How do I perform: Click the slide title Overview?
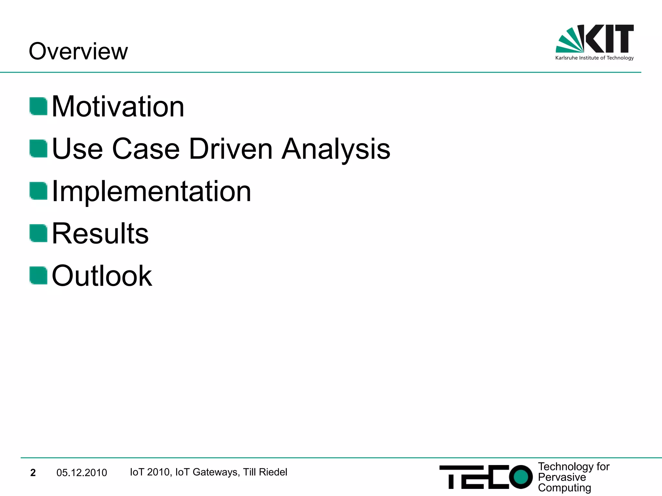(78, 51)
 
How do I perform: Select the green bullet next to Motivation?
(38, 106)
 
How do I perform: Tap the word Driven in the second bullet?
(231, 149)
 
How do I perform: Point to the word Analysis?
(336, 149)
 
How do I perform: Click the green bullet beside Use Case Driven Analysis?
(38, 148)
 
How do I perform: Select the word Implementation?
(151, 191)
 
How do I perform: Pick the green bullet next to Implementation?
(38, 191)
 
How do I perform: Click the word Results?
(100, 233)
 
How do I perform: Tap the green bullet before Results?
(38, 233)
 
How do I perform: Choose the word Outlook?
(102, 276)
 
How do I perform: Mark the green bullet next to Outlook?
(38, 275)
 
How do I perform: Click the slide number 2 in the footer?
(33, 473)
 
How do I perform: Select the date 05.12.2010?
(81, 473)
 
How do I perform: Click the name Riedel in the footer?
(273, 472)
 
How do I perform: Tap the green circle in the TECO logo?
(520, 477)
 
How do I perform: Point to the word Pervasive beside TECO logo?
(562, 477)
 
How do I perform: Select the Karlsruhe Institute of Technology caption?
(594, 58)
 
